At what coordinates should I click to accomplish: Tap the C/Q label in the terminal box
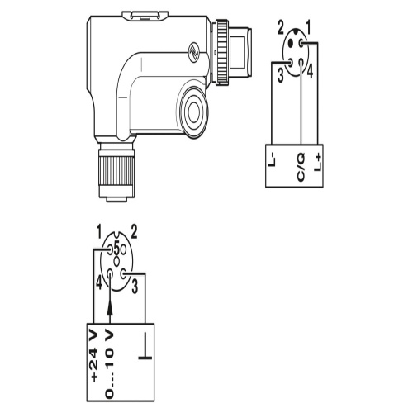pyautogui.click(x=301, y=168)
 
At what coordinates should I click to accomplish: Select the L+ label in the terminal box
pyautogui.click(x=318, y=163)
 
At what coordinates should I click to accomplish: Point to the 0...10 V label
pyautogui.click(x=109, y=364)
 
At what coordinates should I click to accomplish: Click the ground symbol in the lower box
pyautogui.click(x=145, y=346)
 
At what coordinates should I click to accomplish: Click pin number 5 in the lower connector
pyautogui.click(x=116, y=249)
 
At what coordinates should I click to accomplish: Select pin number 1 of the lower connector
pyautogui.click(x=99, y=231)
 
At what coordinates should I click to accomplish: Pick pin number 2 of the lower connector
pyautogui.click(x=134, y=232)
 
